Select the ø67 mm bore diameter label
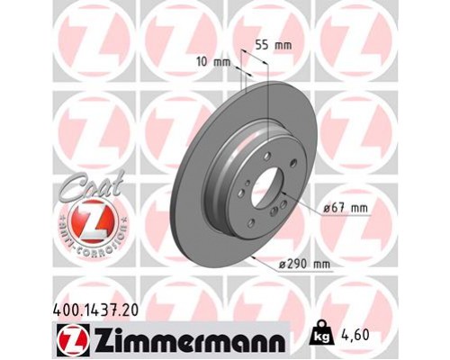pos(346,208)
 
